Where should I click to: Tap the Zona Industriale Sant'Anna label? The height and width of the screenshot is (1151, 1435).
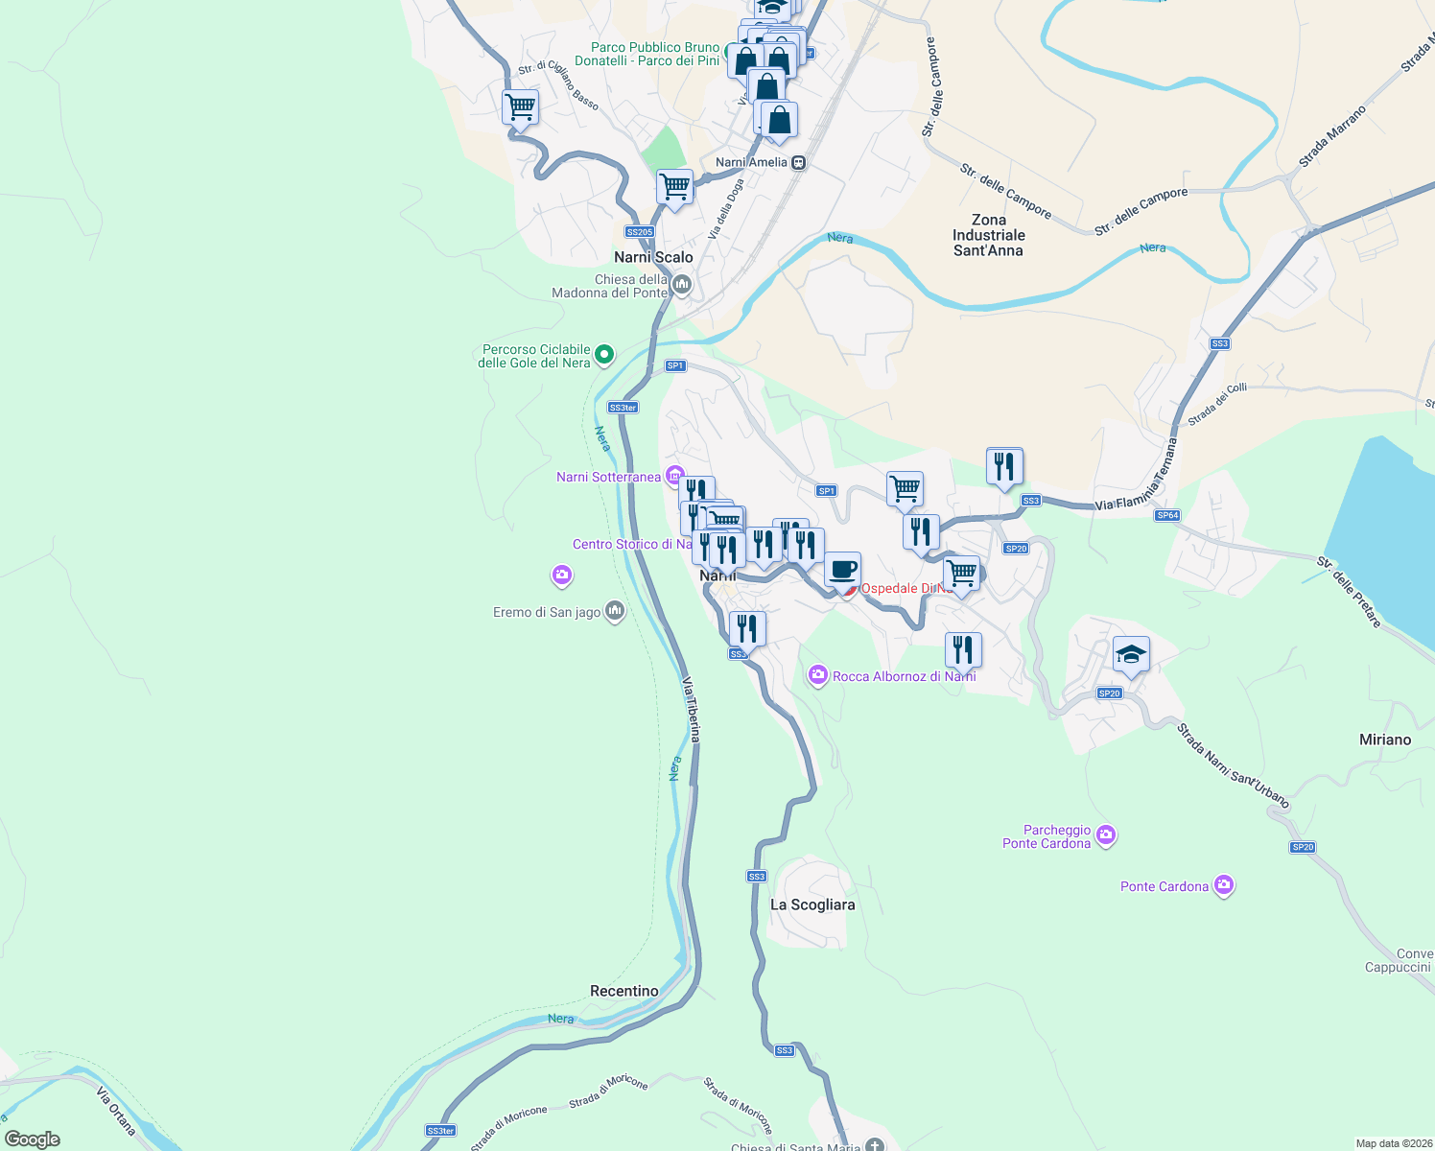(x=988, y=235)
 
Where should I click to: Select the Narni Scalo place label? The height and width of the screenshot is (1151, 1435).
(x=653, y=257)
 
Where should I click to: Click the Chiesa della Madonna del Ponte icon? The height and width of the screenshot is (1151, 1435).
(x=682, y=284)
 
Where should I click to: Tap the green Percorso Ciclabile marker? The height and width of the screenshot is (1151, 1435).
(x=604, y=356)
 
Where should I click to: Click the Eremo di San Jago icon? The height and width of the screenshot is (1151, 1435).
(x=615, y=611)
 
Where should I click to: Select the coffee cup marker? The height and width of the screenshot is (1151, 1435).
(x=842, y=571)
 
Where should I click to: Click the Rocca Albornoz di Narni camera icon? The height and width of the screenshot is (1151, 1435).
(x=817, y=676)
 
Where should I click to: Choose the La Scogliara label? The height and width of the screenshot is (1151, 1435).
(x=812, y=904)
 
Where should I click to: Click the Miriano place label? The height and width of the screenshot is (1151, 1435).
(x=1385, y=740)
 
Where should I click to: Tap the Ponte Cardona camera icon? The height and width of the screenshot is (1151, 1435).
(x=1223, y=885)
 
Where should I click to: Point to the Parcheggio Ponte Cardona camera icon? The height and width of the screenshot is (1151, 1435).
(x=1105, y=836)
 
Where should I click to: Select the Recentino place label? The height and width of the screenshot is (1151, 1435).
(x=624, y=991)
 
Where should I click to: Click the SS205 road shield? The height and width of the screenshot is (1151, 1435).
(x=639, y=232)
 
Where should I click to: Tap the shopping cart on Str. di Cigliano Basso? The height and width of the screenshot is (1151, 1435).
(x=520, y=107)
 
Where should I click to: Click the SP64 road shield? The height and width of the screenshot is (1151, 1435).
(x=1167, y=515)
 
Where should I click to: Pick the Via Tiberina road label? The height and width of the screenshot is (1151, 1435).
(x=692, y=709)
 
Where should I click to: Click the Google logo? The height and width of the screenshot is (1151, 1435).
(x=33, y=1139)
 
